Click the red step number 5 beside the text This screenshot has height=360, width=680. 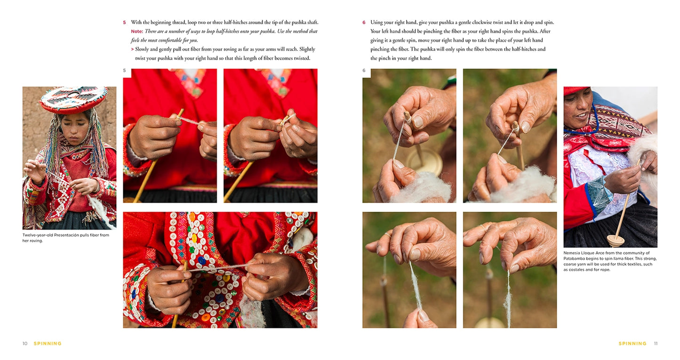(124, 23)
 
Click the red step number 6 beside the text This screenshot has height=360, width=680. (364, 23)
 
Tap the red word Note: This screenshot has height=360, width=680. (137, 31)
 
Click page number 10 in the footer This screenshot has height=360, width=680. (25, 344)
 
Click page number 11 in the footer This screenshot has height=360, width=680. (656, 344)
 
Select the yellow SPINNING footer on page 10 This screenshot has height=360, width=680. (48, 344)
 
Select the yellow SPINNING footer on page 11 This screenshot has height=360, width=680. (632, 344)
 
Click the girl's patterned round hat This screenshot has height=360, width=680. (74, 99)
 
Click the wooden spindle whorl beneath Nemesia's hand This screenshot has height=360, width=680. (616, 241)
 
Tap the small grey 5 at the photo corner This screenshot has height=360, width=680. (124, 71)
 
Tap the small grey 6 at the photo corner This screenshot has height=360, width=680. (364, 71)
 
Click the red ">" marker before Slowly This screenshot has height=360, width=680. (132, 49)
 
